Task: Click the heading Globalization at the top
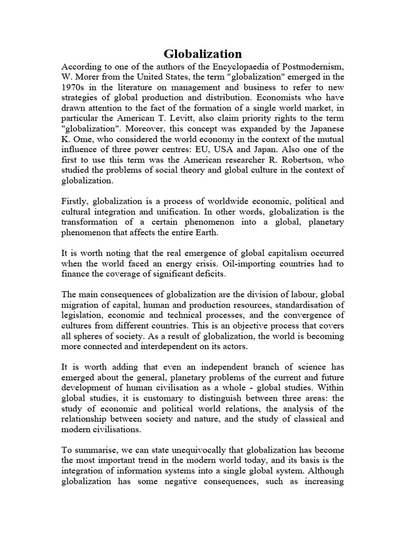click(x=202, y=53)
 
